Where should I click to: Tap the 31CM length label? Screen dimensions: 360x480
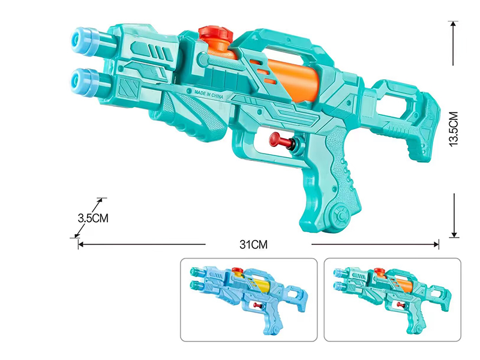253,245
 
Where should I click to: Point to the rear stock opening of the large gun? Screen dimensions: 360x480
394,103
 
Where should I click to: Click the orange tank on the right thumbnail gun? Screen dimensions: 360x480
403,284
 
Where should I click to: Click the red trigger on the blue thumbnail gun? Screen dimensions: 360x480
257,305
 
